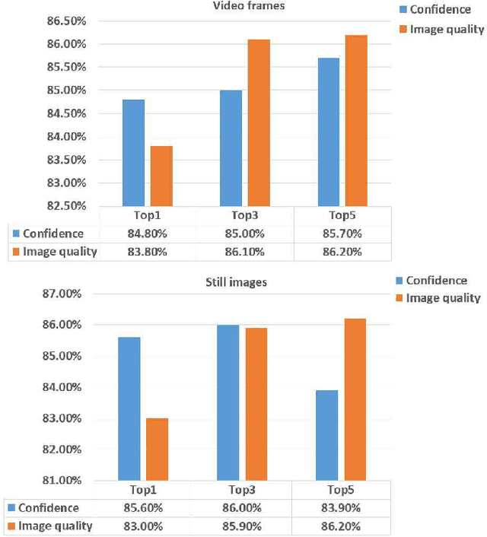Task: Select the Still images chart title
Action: tap(242, 283)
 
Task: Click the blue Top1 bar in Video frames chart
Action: tap(132, 152)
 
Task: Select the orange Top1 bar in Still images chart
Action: tap(157, 449)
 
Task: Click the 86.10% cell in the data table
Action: tap(244, 252)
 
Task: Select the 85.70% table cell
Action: tap(342, 234)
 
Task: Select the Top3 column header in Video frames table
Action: tap(244, 215)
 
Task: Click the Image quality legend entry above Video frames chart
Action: tap(441, 29)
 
